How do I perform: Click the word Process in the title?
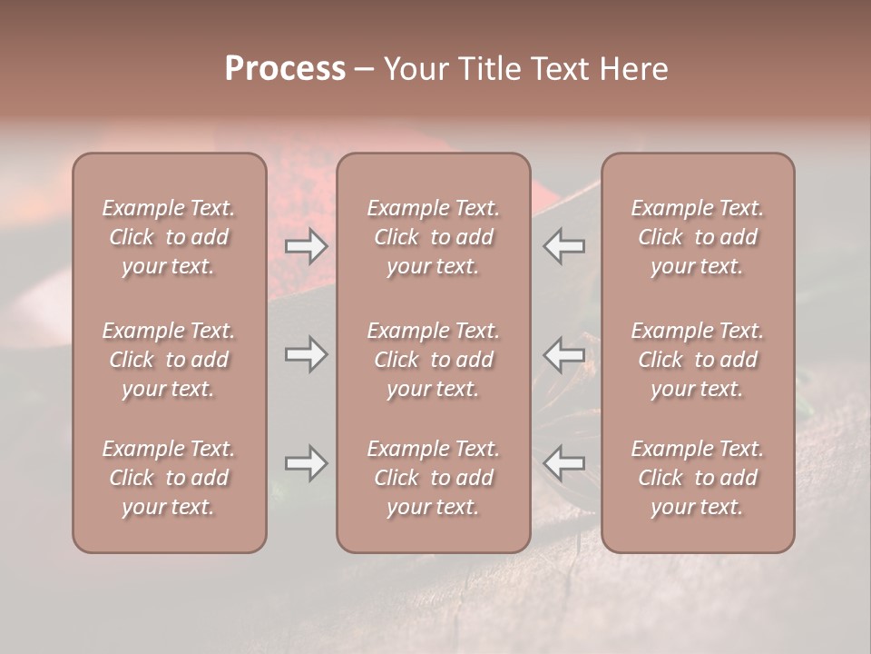coord(285,69)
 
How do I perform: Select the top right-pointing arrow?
coord(307,245)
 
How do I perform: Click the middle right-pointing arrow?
coord(307,354)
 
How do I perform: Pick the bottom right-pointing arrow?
coord(307,463)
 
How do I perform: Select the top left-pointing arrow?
coord(564,245)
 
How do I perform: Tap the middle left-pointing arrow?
coord(564,354)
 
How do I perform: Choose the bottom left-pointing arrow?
coord(564,463)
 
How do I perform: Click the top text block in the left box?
coord(169,237)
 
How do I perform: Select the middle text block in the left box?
coord(169,360)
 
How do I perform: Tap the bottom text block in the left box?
coord(169,478)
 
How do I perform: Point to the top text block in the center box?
coord(434,237)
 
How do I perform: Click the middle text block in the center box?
coord(434,360)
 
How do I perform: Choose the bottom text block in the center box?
coord(434,478)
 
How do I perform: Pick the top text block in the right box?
coord(698,237)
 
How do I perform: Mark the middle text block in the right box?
coord(698,360)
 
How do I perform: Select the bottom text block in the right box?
coord(698,478)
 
